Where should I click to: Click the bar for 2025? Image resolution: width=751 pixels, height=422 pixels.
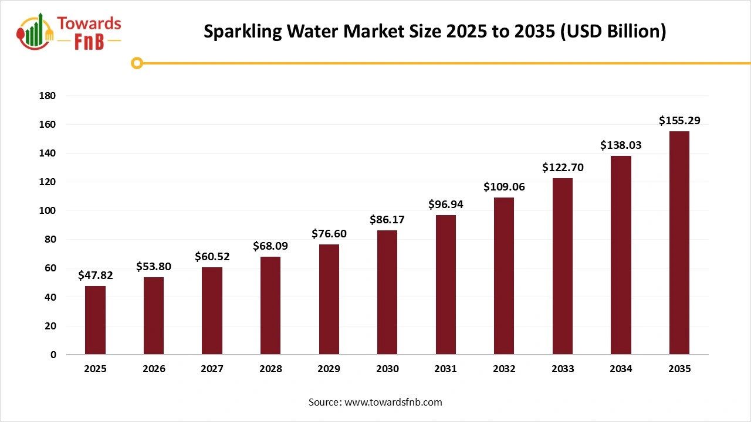tap(95, 320)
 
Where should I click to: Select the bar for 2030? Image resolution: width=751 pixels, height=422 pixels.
tap(387, 292)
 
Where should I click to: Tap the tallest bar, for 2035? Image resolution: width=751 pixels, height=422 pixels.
tap(679, 243)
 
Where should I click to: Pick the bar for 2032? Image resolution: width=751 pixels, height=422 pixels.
tap(504, 276)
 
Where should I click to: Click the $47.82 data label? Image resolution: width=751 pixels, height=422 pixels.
tap(95, 275)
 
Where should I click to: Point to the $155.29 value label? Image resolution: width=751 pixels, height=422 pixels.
tap(679, 121)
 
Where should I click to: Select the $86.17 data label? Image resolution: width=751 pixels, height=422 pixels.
tap(387, 220)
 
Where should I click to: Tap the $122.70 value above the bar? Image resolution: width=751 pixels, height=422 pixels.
tap(562, 168)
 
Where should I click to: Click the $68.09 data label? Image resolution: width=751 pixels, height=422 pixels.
tap(270, 246)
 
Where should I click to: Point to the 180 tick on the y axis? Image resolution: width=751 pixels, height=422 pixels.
tap(48, 96)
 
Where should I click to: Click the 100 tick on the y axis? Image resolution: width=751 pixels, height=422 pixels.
tap(48, 211)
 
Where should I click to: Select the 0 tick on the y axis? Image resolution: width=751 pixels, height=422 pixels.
tap(53, 355)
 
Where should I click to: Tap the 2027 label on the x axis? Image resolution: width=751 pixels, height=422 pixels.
tap(212, 369)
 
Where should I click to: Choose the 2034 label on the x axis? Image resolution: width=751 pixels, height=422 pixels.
tap(621, 369)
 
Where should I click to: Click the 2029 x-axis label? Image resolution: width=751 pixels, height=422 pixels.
tap(329, 369)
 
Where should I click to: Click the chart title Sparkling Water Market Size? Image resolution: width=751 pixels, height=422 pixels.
tap(435, 31)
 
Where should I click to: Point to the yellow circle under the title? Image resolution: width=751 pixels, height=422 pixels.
tap(137, 63)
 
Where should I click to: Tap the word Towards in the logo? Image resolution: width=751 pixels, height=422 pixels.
tap(89, 23)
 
